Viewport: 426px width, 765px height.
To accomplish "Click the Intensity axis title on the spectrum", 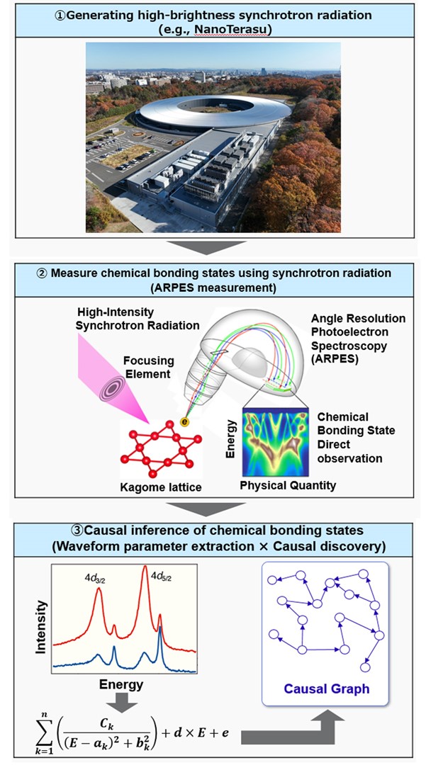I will (42, 626).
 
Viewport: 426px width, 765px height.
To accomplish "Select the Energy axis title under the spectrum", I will (121, 684).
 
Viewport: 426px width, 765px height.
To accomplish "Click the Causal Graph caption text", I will (326, 688).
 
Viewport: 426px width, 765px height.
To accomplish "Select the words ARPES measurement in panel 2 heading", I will (213, 288).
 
